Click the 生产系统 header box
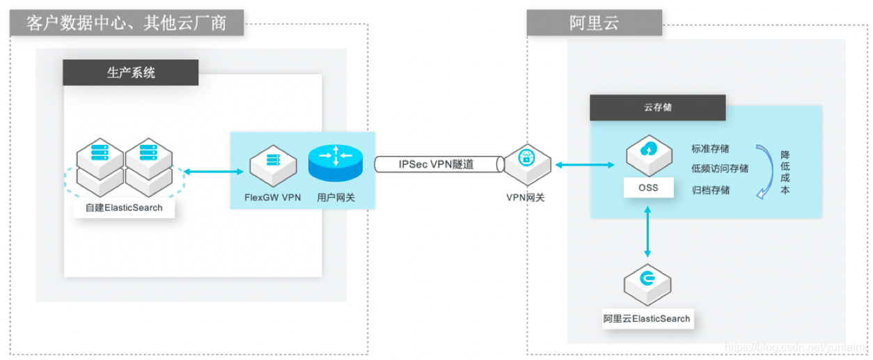coord(131,72)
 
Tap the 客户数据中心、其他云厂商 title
coord(127,23)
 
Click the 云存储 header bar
coord(657,108)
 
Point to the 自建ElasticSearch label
coord(124,208)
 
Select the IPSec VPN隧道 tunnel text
coord(436,164)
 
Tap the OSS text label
coord(648,188)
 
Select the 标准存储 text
coord(710,148)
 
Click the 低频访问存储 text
coord(720,169)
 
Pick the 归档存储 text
coord(710,189)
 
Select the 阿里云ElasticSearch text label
coord(647,319)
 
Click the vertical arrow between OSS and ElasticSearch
coord(648,232)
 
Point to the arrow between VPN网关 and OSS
coord(584,165)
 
